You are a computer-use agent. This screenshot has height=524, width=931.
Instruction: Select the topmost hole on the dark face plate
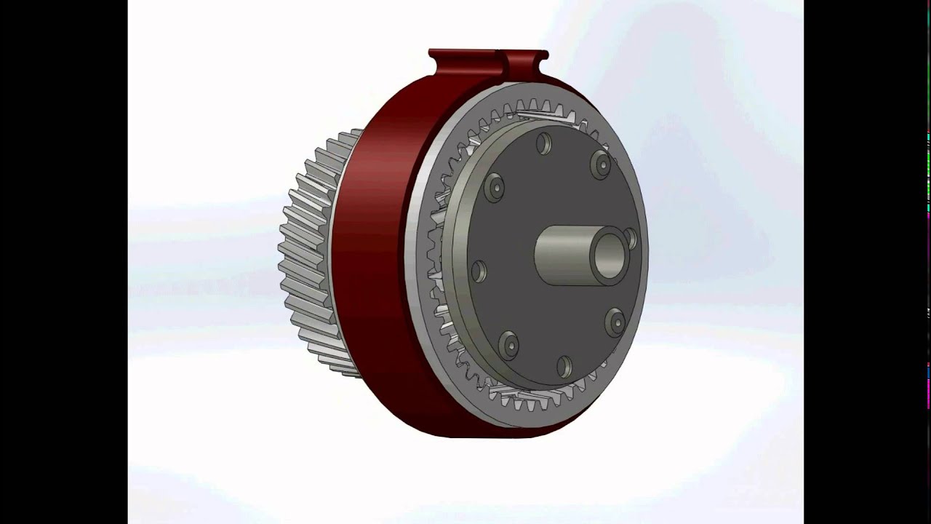pyautogui.click(x=543, y=143)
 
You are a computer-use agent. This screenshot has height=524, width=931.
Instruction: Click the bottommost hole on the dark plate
pyautogui.click(x=564, y=365)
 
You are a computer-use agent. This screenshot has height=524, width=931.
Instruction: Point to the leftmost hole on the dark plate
pyautogui.click(x=478, y=271)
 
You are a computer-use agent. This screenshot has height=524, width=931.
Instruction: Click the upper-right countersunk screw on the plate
pyautogui.click(x=601, y=164)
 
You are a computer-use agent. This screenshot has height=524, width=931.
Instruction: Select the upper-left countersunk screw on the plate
pyautogui.click(x=494, y=187)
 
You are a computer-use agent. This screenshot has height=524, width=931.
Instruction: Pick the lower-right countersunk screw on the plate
pyautogui.click(x=615, y=321)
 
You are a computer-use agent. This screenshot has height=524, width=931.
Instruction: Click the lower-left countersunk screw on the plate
pyautogui.click(x=508, y=344)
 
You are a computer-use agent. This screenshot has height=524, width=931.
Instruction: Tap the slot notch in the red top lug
pyautogui.click(x=503, y=58)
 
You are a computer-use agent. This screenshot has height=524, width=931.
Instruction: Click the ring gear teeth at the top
pyautogui.click(x=542, y=108)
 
